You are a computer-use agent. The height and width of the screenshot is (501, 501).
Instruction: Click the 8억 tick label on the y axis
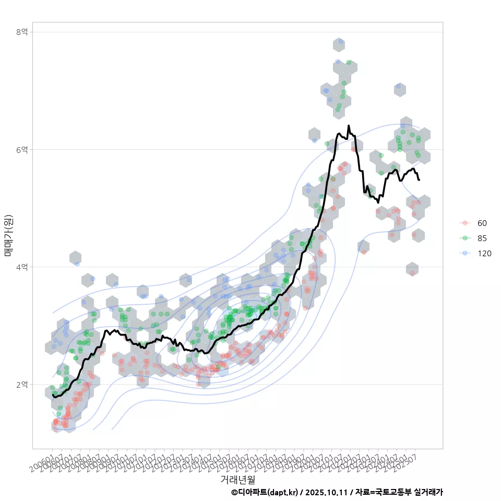point(21,32)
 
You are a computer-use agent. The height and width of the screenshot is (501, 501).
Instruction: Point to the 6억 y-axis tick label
point(21,149)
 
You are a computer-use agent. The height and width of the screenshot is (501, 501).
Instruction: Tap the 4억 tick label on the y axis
point(21,267)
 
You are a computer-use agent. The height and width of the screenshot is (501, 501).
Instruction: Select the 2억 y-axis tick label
point(21,384)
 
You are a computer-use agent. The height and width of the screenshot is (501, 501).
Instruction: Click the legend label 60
point(482,223)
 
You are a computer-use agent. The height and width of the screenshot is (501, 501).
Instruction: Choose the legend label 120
point(484,254)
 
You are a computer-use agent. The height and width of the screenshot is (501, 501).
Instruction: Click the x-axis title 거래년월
point(237,479)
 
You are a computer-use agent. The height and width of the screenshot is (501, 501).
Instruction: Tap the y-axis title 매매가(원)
point(8,235)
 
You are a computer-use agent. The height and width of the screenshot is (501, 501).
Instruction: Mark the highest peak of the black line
point(349,126)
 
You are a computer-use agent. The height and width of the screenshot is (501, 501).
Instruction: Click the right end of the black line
point(419,180)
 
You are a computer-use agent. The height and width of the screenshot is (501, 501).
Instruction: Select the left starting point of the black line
point(53,396)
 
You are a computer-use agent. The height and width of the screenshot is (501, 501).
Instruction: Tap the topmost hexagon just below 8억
point(339,44)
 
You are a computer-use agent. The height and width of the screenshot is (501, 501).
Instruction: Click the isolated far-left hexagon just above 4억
point(76,258)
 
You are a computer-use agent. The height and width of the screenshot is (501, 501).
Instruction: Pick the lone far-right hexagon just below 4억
point(412,269)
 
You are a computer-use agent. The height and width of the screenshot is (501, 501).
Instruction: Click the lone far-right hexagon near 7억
point(400,89)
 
